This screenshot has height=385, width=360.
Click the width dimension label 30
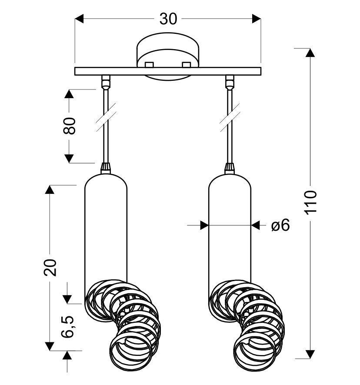point(168,19)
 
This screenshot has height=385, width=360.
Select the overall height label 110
point(311,202)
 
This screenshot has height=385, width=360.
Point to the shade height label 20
point(51,267)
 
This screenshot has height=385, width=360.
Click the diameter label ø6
point(280,225)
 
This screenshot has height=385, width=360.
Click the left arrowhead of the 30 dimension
point(80,19)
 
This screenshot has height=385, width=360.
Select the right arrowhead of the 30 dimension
point(256,19)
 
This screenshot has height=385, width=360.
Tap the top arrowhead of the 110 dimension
point(310,53)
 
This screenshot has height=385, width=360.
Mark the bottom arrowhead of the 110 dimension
point(310,354)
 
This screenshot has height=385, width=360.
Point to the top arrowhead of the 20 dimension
point(50,189)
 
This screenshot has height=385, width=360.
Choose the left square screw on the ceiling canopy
point(149,65)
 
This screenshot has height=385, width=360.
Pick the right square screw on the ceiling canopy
point(187,65)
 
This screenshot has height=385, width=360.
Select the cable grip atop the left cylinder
point(106,168)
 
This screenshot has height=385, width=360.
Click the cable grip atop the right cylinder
point(230,168)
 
